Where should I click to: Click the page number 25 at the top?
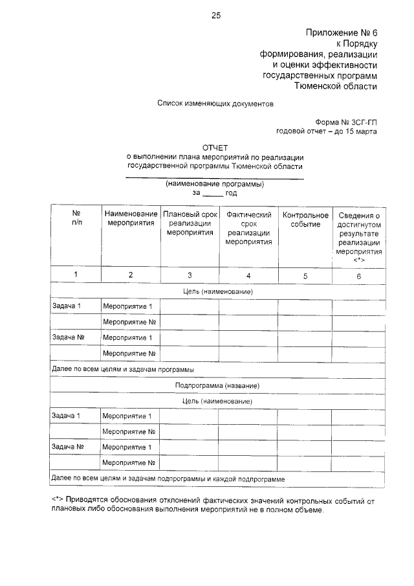click(x=216, y=16)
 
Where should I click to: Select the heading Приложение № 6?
click(x=340, y=32)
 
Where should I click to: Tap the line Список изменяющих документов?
click(x=216, y=103)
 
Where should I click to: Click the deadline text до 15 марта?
click(x=354, y=131)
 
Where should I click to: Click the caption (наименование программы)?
click(x=215, y=184)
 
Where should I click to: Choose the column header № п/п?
click(x=76, y=218)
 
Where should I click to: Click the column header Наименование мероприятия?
click(x=131, y=218)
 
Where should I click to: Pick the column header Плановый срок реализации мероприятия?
click(x=190, y=223)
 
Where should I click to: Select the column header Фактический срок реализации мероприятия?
click(x=248, y=228)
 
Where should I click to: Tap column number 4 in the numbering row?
click(x=248, y=275)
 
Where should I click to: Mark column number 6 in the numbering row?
click(x=358, y=275)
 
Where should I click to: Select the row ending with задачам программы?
click(x=123, y=369)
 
